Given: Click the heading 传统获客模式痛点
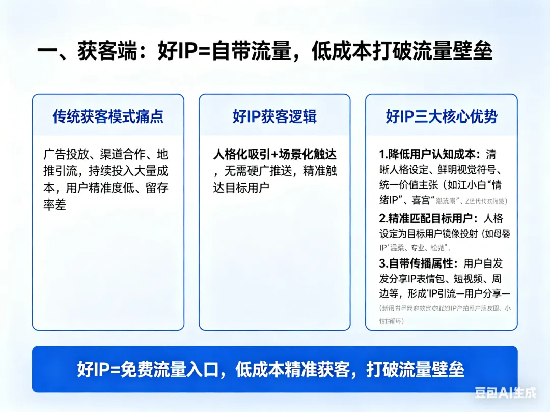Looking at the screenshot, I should pyautogui.click(x=108, y=116).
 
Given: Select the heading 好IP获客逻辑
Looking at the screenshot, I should pyautogui.click(x=274, y=116).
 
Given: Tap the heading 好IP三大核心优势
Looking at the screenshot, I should pyautogui.click(x=441, y=116).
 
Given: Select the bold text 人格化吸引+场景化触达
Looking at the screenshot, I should pyautogui.click(x=274, y=154).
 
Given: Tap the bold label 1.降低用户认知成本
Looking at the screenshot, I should pyautogui.click(x=427, y=154).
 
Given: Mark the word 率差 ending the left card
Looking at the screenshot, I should pyautogui.click(x=54, y=205).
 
